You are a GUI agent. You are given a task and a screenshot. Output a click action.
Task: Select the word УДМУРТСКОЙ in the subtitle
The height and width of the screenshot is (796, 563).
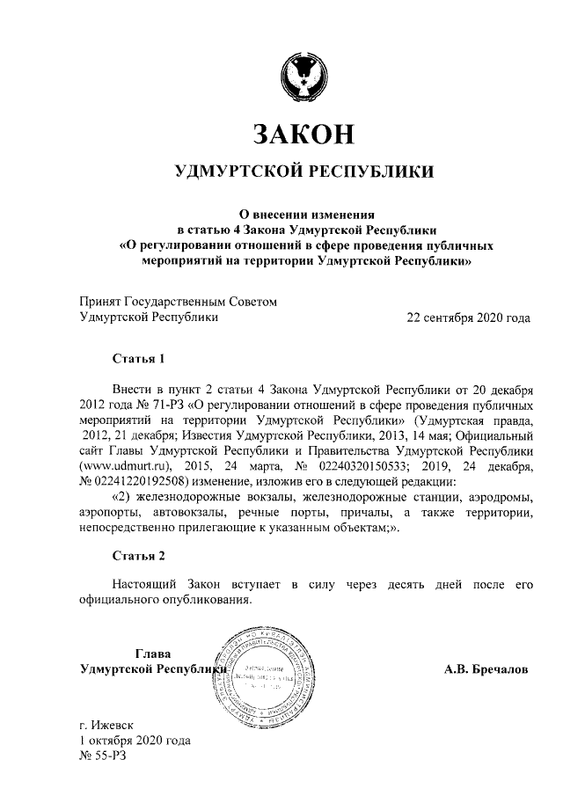[237, 170]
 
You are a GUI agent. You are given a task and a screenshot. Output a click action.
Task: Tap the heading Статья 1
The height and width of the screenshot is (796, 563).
[138, 358]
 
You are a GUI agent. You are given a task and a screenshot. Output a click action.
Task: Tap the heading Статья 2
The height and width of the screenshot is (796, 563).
[138, 555]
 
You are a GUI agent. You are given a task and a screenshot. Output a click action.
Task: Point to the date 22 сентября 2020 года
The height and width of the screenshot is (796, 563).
[466, 317]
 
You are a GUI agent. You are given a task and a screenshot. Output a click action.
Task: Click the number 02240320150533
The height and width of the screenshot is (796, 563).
[362, 467]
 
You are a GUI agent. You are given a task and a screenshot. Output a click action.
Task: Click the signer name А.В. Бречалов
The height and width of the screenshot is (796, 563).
[486, 669]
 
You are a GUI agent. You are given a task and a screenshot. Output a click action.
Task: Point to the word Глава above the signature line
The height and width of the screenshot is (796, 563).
[152, 654]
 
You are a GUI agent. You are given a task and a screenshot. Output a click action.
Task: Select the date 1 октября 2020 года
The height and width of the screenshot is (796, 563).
[134, 741]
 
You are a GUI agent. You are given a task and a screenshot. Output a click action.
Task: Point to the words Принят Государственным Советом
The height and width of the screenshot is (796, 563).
[177, 301]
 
